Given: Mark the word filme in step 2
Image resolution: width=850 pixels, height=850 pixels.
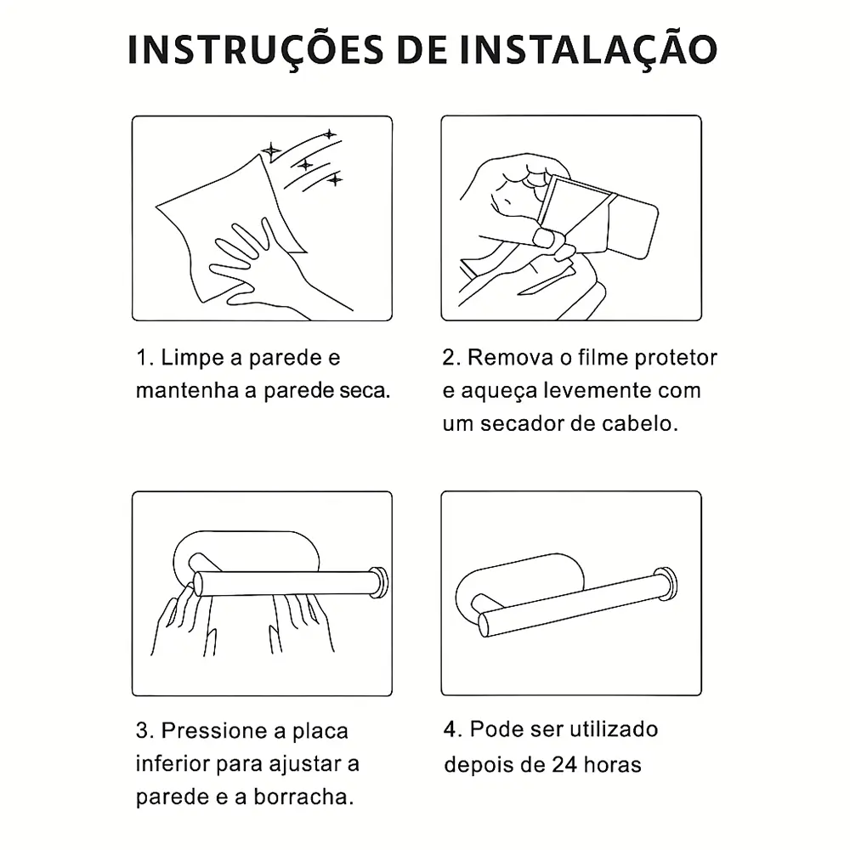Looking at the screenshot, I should point(603,358).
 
